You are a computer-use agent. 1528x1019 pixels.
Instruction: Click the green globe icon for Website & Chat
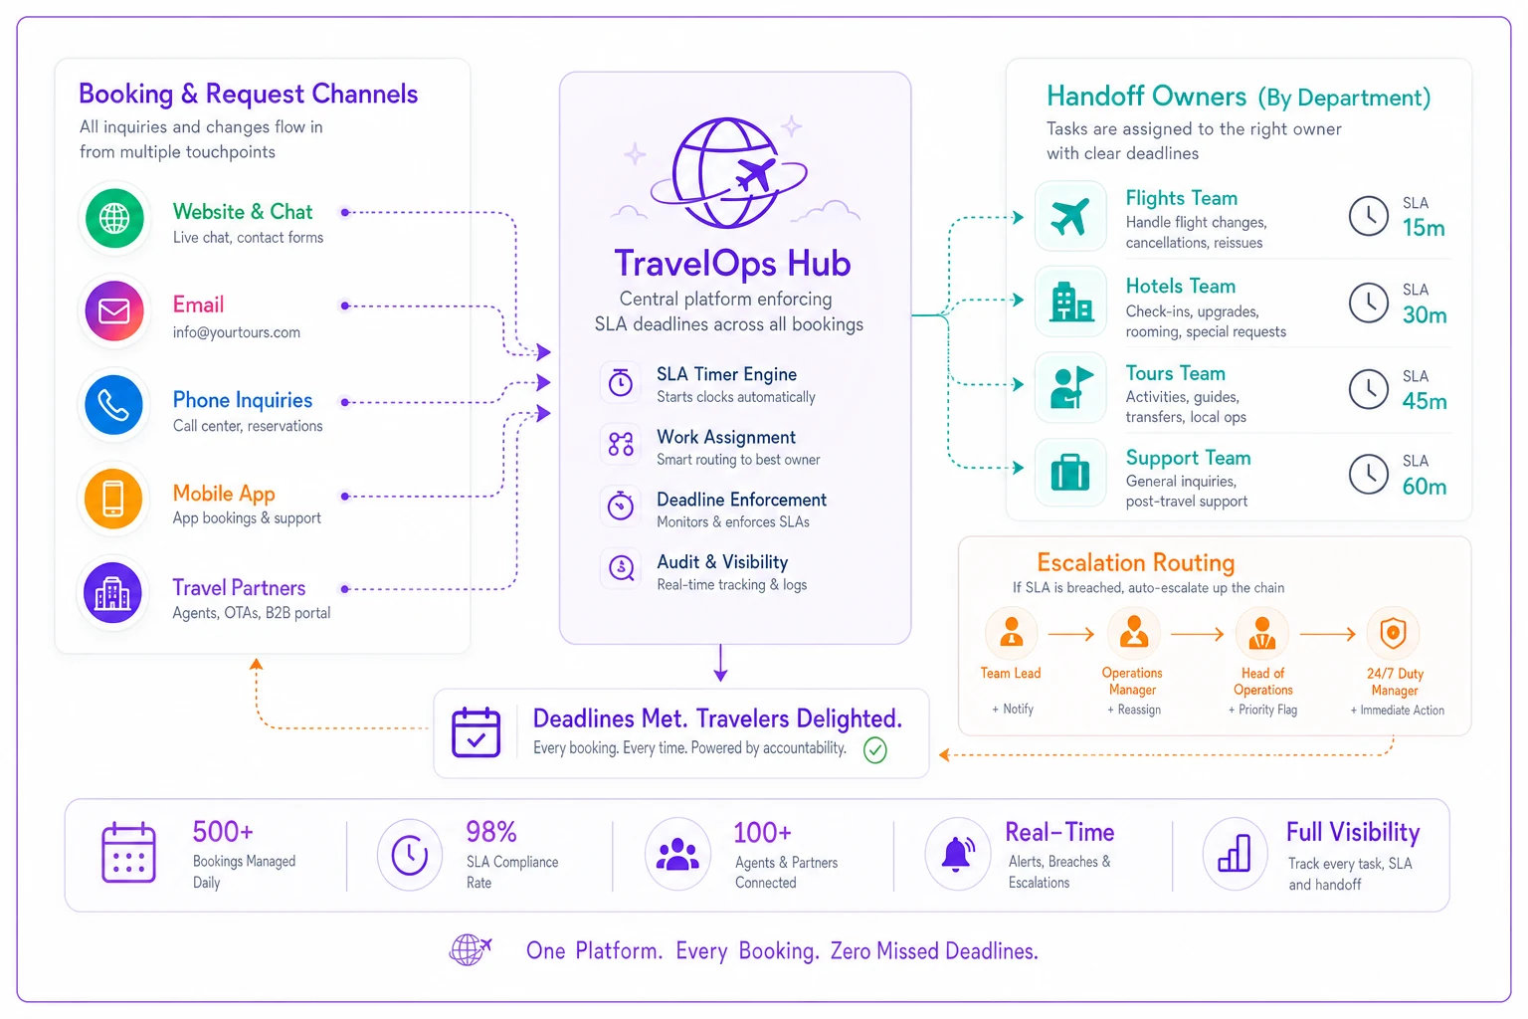tap(114, 218)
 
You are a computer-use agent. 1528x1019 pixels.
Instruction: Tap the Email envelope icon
tap(114, 311)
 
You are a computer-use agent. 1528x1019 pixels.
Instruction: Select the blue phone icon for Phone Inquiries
tap(114, 405)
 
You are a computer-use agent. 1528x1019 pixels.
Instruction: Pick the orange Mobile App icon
tap(113, 499)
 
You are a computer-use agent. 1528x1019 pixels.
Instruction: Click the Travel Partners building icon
tap(113, 592)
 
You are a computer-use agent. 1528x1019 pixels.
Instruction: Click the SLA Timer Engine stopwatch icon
tap(621, 382)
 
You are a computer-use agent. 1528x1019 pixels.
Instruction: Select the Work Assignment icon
tap(621, 444)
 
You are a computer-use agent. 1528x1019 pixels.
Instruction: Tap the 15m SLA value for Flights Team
tap(1424, 228)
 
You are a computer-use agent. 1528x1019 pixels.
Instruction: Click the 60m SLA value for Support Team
tap(1425, 487)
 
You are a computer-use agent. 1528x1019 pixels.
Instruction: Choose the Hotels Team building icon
tap(1071, 302)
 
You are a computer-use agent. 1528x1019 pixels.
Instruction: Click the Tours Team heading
tap(1175, 373)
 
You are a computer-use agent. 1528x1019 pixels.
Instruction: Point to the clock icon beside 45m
tap(1369, 389)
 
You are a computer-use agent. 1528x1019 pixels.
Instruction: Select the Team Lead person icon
tap(1011, 632)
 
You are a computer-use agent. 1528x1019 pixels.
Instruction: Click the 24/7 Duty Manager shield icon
tap(1393, 633)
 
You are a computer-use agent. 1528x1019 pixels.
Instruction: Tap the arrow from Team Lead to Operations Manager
tap(1071, 634)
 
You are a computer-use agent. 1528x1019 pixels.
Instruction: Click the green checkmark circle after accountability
tap(875, 750)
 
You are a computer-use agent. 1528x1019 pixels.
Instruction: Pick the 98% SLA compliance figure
tap(491, 832)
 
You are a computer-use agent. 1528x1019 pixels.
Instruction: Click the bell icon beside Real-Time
tap(957, 853)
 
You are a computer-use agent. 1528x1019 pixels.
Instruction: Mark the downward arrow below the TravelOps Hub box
tap(720, 662)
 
